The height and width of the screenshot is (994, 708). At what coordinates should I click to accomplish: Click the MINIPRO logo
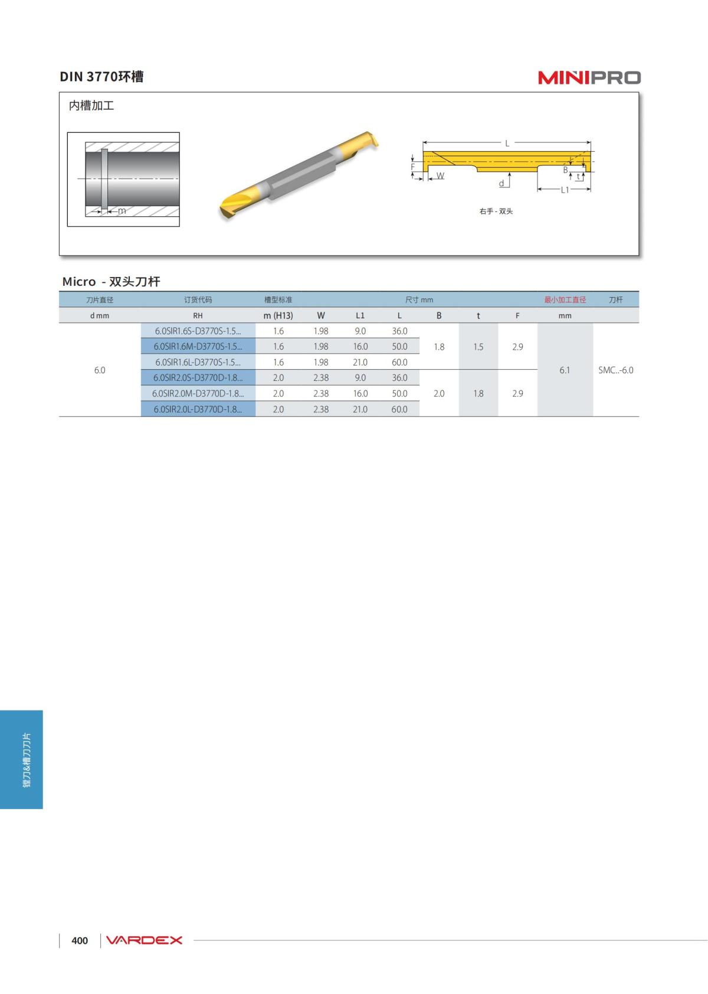[589, 77]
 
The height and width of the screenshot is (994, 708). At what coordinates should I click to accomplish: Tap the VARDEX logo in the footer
[144, 940]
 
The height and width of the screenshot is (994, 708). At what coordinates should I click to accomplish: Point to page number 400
[80, 940]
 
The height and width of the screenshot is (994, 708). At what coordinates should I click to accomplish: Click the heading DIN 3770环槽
[101, 77]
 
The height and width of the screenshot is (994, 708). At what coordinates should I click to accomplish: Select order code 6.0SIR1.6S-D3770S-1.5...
[198, 331]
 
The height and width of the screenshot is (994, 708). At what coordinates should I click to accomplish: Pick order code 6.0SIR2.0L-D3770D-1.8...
[198, 409]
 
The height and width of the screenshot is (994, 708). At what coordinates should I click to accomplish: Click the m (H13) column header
[278, 315]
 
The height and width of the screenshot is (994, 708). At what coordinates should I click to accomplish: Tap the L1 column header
[360, 315]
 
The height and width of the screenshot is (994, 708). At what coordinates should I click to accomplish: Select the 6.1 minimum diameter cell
[565, 370]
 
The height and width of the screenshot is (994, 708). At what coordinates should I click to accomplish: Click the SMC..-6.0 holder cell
[615, 370]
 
